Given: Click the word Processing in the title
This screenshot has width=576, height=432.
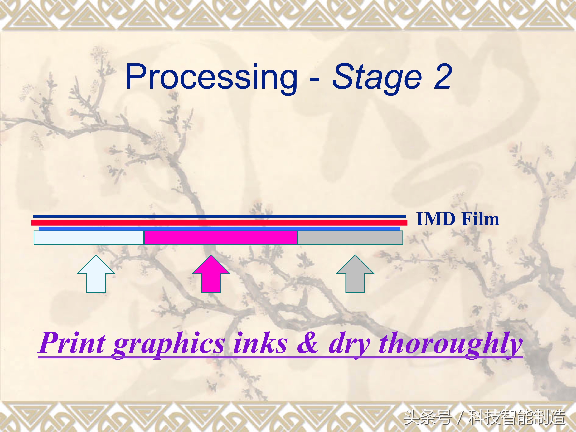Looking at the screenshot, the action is point(211,78).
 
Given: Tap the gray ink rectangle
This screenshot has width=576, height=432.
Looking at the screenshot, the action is point(350,237).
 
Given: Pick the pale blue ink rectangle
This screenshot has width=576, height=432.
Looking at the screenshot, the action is point(89,237).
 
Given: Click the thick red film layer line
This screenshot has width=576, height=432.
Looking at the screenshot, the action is point(219,222).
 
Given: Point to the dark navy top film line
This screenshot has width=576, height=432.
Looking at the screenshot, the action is point(219,216).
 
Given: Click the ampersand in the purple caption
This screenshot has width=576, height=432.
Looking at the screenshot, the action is point(308,343).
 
